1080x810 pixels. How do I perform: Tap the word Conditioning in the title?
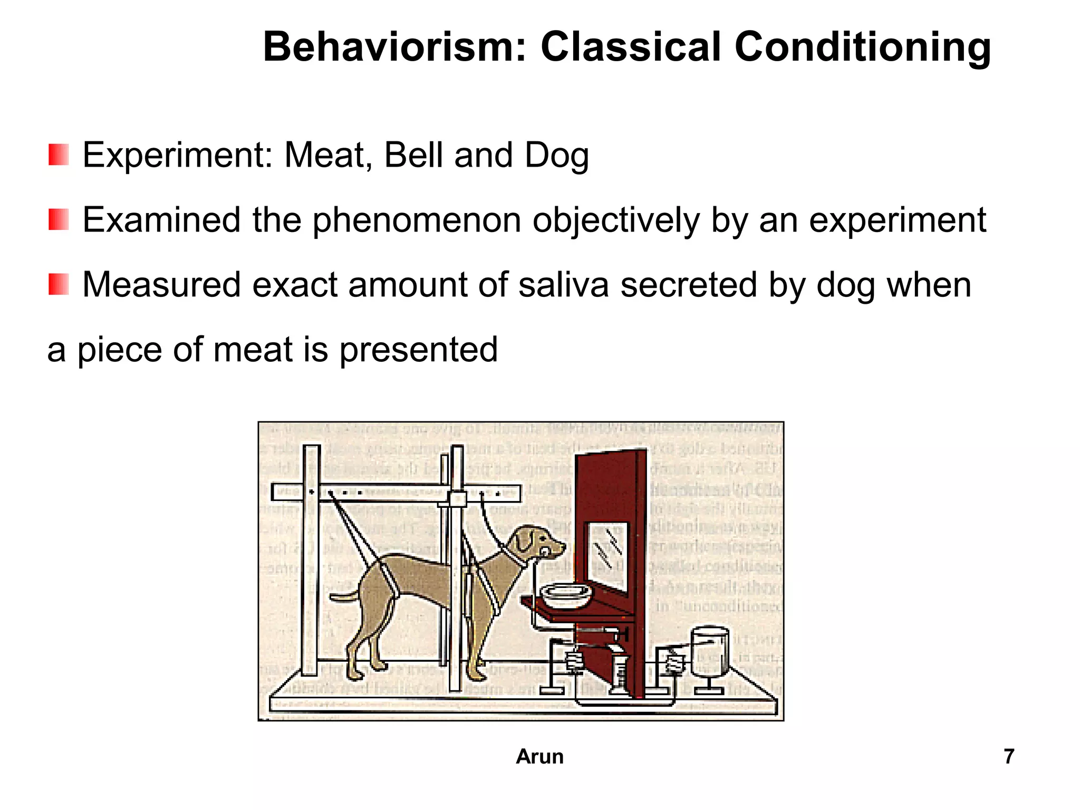863,47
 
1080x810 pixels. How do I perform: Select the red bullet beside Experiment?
59,155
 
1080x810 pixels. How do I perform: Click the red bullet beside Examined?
59,220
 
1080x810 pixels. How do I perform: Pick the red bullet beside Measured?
59,285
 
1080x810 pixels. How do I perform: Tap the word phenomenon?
417,221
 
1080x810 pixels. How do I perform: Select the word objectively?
615,221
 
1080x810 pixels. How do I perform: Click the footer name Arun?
539,756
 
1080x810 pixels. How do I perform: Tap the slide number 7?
1009,756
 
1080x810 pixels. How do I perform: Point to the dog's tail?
344,596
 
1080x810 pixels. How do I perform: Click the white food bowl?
567,596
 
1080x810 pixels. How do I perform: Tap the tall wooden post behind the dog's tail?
311,559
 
